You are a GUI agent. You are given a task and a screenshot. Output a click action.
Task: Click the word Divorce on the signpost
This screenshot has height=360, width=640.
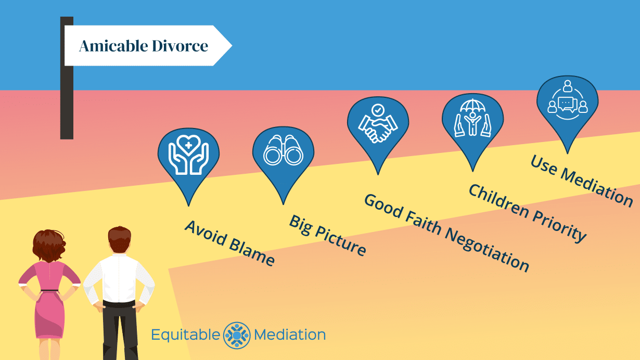pos(180,46)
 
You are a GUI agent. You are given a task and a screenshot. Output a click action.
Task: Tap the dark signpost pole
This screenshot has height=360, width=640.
pos(67,104)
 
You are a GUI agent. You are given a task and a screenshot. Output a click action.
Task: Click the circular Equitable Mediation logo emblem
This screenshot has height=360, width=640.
pos(237,335)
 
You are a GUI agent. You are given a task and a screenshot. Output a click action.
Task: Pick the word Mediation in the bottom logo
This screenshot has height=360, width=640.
pos(290,335)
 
